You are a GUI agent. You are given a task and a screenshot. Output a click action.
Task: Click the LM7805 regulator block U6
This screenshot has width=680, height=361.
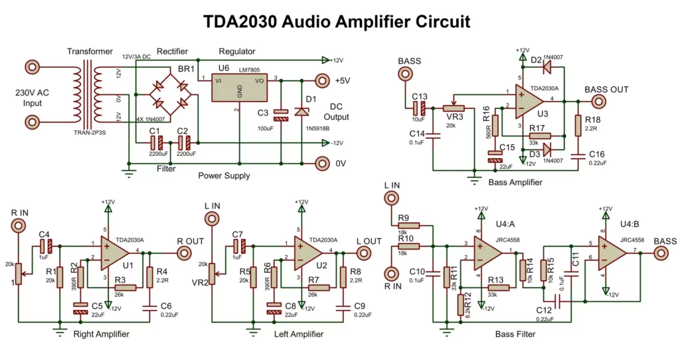click(238, 88)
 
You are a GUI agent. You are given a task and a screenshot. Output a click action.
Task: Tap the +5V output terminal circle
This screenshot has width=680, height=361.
click(322, 81)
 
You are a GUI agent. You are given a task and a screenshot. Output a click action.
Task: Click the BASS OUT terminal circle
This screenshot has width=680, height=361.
click(598, 102)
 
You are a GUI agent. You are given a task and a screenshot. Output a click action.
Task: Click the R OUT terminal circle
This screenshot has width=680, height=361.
click(183, 253)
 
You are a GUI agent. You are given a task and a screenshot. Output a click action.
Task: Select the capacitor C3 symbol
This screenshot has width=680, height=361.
click(281, 114)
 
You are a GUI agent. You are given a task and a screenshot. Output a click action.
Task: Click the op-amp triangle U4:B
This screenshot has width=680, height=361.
click(612, 251)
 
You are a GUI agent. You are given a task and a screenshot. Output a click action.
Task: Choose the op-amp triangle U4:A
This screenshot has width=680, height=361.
click(488, 251)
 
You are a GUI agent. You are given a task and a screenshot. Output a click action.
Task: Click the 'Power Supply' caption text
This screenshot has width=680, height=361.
click(224, 176)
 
